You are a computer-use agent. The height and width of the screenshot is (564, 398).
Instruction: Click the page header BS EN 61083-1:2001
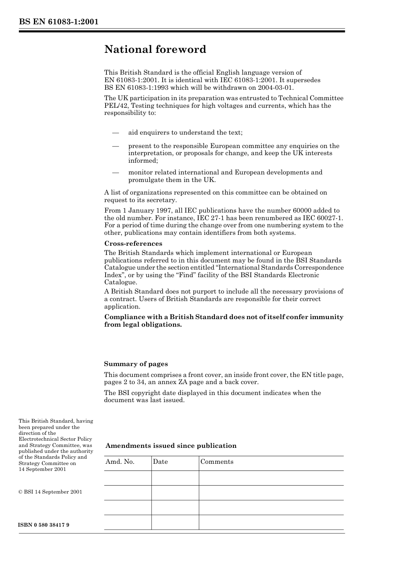[x=58, y=22]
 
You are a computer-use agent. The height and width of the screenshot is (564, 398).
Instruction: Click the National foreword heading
[x=155, y=49]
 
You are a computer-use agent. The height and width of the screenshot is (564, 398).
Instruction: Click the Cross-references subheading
[x=133, y=244]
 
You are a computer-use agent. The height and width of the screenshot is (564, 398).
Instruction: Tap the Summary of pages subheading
[x=136, y=364]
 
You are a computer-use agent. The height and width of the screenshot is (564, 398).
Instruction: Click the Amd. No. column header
[x=120, y=462]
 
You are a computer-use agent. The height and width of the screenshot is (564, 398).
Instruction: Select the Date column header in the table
[x=160, y=462]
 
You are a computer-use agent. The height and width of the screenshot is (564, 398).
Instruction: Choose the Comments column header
[x=217, y=462]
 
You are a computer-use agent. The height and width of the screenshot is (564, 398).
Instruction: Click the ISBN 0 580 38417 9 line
[x=44, y=525]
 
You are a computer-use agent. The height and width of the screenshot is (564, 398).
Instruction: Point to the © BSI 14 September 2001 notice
[x=50, y=492]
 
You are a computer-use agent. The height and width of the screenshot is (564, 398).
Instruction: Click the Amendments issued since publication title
[x=171, y=446]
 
